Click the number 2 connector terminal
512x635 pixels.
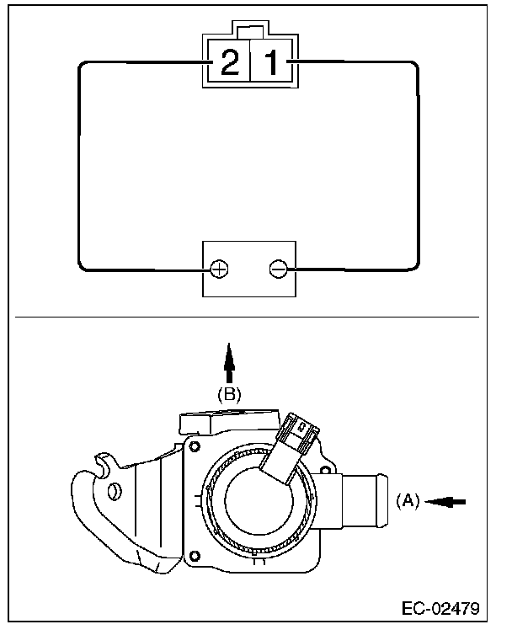229,64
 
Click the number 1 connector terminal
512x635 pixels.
270,64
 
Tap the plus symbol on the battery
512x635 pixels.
218,269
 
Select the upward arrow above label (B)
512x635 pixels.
230,360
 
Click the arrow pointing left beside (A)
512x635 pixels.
446,500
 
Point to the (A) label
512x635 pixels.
407,500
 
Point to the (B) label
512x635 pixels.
230,392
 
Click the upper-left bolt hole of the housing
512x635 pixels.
195,445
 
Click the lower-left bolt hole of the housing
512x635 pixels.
195,554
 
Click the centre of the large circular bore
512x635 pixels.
264,503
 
